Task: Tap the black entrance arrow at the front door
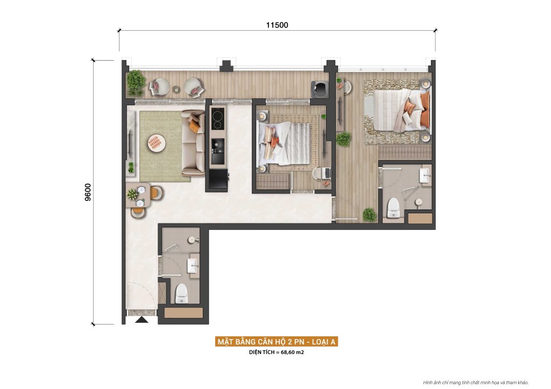click(x=142, y=320)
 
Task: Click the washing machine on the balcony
click(x=320, y=89)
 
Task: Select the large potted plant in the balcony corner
click(x=135, y=80)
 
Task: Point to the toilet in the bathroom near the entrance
click(x=181, y=293)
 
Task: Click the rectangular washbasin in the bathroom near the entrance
click(x=193, y=264)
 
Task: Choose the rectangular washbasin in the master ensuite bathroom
click(x=425, y=174)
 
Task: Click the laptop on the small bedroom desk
click(x=326, y=173)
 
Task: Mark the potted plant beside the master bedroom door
click(x=369, y=215)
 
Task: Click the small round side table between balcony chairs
click(x=175, y=89)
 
